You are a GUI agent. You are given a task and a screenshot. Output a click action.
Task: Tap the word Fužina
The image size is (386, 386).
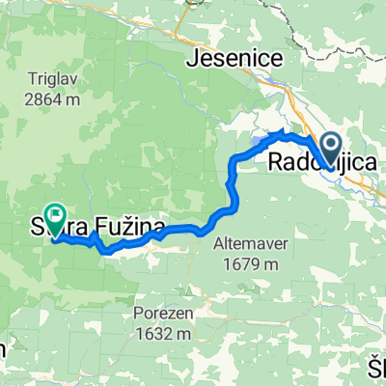(x=124, y=230)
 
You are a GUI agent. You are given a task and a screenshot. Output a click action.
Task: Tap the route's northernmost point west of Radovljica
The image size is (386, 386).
(x=282, y=130)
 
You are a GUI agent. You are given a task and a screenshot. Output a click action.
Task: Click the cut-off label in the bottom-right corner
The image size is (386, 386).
(x=376, y=367)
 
